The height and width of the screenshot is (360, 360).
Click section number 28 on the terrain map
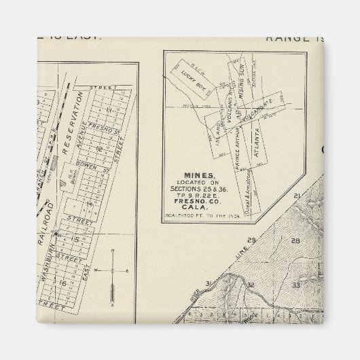295,240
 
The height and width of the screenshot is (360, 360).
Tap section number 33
295,285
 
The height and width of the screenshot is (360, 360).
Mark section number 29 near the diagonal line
251,240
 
